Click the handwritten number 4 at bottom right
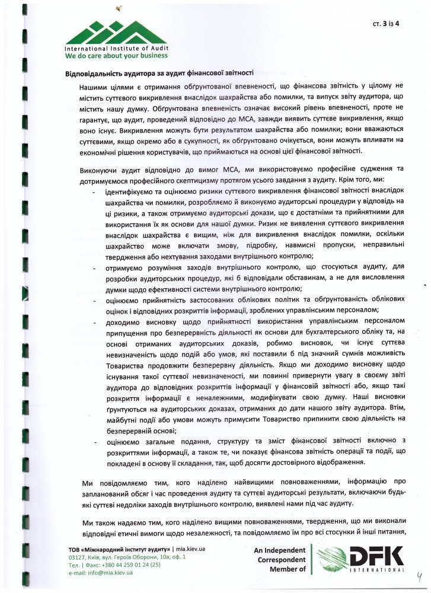coord(418,574)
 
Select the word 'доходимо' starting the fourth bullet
coord(122,320)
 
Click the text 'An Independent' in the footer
coord(279,549)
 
